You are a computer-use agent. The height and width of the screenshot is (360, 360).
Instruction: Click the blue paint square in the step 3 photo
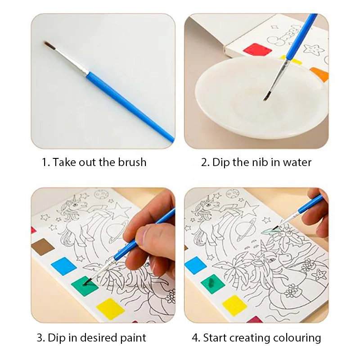[x=63, y=265]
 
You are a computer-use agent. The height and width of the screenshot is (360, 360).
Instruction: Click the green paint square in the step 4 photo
[x=213, y=284]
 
